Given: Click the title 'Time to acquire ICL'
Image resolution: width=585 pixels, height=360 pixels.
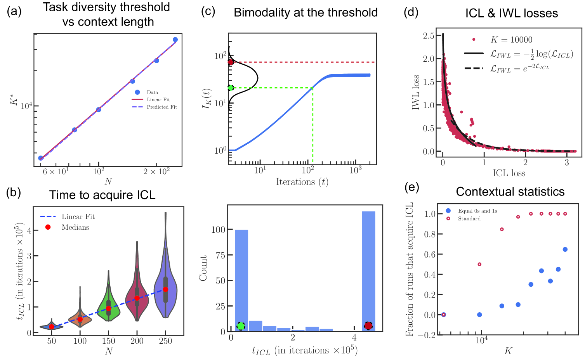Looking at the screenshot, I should (x=102, y=195).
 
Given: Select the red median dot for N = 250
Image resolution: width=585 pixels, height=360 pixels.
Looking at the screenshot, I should (x=165, y=289).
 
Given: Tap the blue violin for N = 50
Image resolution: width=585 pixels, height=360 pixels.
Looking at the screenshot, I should (x=52, y=327).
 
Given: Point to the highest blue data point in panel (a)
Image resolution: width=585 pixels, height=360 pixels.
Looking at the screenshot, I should (x=175, y=40).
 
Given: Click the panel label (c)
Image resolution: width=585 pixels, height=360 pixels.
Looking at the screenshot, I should (x=208, y=11).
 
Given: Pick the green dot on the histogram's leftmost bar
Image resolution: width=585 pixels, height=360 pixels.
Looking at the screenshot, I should (x=241, y=326).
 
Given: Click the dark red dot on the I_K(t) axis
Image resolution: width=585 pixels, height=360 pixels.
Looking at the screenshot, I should (x=231, y=62).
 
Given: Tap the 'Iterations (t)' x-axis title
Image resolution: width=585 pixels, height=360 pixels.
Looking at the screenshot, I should (x=302, y=182).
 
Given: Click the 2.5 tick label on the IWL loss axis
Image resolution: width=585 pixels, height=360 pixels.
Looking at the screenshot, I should (x=429, y=36).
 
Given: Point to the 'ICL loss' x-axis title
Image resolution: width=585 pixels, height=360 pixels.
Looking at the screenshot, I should (x=509, y=173).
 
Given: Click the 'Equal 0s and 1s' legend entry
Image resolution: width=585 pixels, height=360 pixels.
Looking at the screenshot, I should (x=477, y=211).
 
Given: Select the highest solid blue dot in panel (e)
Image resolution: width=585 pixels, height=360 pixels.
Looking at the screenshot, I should (x=565, y=249).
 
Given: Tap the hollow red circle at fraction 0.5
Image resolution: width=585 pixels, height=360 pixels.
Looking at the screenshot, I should (x=479, y=264).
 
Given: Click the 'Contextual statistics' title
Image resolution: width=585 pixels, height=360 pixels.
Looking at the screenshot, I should (x=510, y=192).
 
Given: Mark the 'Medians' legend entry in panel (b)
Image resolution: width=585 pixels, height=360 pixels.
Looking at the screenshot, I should (x=75, y=227).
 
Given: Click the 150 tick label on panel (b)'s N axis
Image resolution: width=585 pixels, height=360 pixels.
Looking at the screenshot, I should (x=109, y=341).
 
